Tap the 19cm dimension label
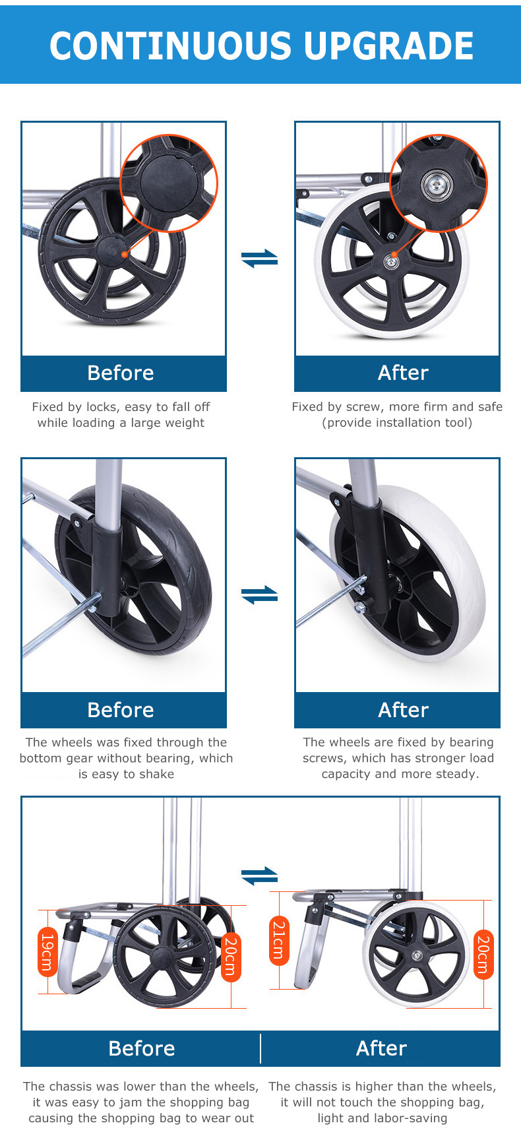47,952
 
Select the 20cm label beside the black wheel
230,957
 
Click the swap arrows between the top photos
260,258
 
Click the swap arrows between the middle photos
260,594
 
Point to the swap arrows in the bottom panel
260,876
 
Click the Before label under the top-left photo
121,373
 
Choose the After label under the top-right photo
403,373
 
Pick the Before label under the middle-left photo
121,710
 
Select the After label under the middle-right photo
403,710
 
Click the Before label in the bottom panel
142,1048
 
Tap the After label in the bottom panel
381,1048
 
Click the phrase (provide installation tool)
397,423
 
